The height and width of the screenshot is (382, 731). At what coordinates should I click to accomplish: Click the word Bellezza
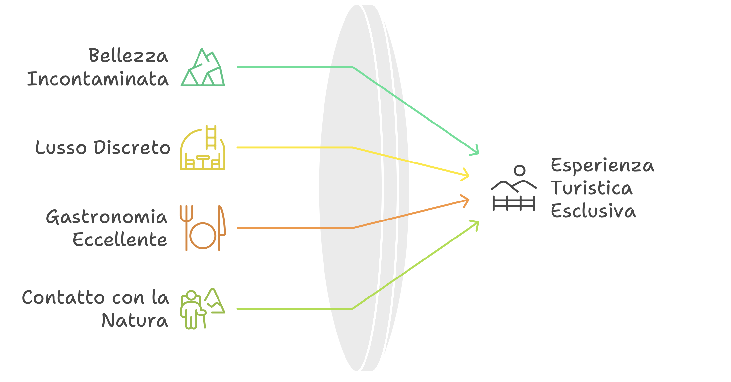coord(128,55)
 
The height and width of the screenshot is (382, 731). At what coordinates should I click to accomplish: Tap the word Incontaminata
coord(98,79)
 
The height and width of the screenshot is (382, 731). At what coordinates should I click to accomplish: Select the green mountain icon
coord(203,67)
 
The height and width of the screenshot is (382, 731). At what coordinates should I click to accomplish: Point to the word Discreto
coord(132,147)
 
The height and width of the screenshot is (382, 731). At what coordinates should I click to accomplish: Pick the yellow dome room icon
coord(203,147)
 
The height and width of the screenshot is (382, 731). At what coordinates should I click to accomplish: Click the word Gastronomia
coord(107,217)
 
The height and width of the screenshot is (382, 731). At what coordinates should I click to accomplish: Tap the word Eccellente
coord(120,239)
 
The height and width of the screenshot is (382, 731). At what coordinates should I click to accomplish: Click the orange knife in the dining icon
coord(221,228)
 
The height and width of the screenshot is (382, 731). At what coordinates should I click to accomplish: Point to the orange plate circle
coord(203,236)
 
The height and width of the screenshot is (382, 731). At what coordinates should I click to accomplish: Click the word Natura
coord(135,320)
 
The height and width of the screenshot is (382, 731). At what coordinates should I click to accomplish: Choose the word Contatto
coord(63,297)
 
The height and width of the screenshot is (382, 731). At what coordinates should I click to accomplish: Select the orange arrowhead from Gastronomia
coord(465,201)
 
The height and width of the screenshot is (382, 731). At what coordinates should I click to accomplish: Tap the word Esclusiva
coord(593,211)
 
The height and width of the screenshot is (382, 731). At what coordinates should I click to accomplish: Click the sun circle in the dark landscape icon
coord(520,170)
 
